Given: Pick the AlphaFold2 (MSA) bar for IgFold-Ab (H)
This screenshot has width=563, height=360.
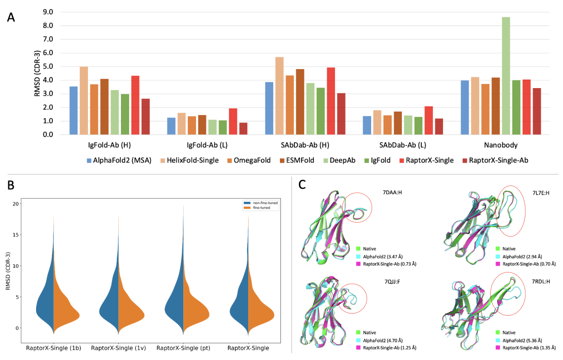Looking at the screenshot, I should pos(74,111).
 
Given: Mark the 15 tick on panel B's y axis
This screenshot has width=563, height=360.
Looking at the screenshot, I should pos(16,234).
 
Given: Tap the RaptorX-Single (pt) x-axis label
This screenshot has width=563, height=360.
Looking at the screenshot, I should pos(183,348).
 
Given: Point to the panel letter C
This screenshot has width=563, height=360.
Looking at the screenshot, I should pos(302,185).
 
